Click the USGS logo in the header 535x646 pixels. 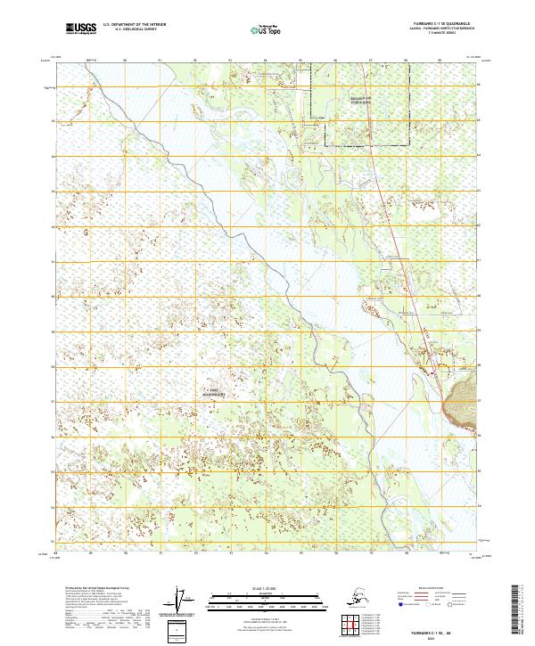[79, 29]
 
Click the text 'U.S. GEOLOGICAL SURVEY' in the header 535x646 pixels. [136, 30]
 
